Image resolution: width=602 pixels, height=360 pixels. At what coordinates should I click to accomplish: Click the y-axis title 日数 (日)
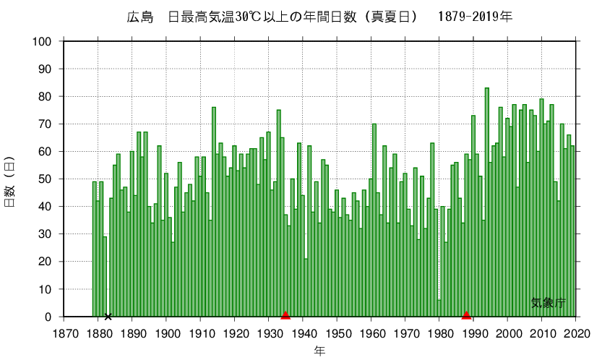10,180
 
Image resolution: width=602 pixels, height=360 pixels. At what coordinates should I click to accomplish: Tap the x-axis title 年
320,351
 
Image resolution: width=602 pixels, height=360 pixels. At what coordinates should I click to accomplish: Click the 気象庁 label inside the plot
547,304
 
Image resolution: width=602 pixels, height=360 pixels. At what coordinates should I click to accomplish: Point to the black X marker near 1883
108,316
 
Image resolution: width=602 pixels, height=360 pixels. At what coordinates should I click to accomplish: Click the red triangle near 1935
285,315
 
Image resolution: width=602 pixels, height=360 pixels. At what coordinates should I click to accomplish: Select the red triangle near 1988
466,315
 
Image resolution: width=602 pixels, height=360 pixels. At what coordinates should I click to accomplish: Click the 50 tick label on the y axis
45,179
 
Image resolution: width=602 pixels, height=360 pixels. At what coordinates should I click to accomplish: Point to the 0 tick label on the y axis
48,317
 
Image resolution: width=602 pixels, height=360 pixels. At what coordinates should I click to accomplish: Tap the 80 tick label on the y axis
45,97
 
